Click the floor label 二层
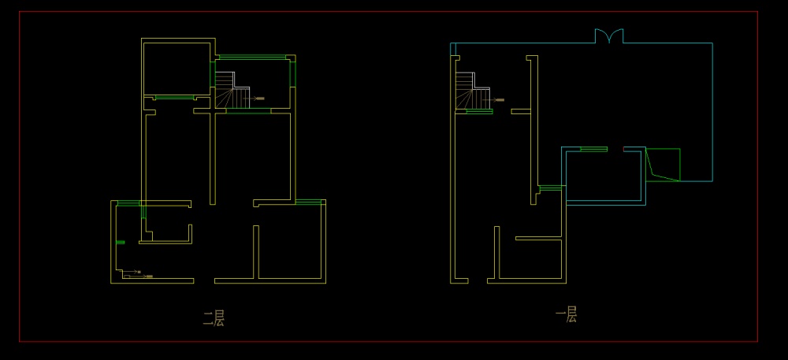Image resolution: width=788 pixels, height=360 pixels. (x=214, y=318)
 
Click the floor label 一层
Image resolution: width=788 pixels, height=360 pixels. (x=567, y=316)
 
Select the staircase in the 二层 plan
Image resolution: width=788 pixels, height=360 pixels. (x=233, y=91)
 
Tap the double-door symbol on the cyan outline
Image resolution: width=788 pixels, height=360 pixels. (x=608, y=36)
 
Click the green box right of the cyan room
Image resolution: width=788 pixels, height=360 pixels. (x=663, y=165)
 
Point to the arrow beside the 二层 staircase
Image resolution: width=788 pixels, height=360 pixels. (x=259, y=99)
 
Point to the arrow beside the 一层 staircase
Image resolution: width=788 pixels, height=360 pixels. (x=497, y=100)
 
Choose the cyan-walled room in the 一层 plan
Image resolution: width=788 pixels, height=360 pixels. (x=604, y=176)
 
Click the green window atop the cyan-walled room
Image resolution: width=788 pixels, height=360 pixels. (x=593, y=148)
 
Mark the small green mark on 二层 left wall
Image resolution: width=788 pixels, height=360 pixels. (x=121, y=242)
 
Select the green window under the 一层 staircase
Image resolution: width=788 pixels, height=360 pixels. (x=479, y=112)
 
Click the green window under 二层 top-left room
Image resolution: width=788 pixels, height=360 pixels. (x=174, y=98)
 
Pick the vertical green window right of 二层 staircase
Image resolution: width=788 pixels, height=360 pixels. (x=292, y=73)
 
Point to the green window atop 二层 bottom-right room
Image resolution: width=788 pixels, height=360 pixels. (x=310, y=202)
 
